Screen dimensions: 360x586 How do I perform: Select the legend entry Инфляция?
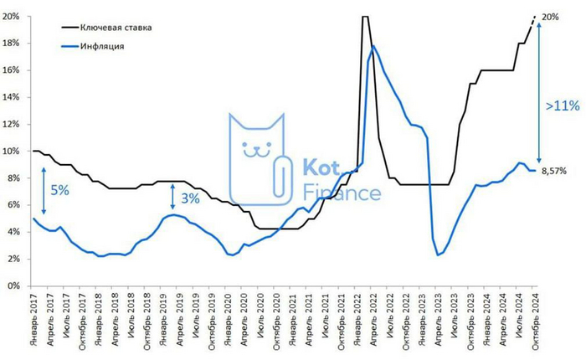102,46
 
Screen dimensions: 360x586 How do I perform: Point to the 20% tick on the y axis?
15,16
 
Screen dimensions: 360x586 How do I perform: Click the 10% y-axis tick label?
15,152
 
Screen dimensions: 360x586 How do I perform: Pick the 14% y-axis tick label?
15,97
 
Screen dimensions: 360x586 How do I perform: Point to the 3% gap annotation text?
190,198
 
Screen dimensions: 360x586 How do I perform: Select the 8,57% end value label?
554,170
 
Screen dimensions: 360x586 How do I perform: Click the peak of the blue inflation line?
373,46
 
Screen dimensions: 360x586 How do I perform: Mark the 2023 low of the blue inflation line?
438,255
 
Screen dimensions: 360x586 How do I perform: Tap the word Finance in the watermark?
340,194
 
